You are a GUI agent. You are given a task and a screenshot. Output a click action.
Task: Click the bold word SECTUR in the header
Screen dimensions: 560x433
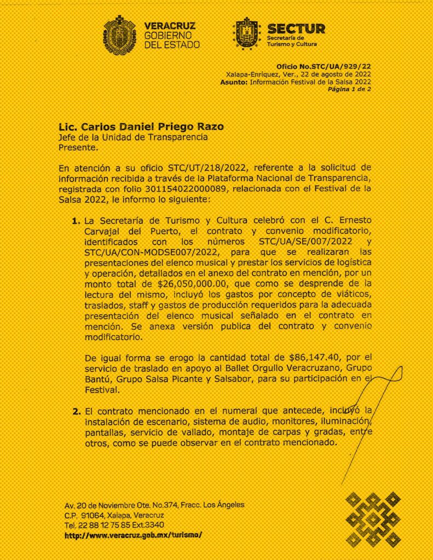pos(296,28)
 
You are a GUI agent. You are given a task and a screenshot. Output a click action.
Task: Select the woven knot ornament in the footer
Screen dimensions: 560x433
pos(374,519)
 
